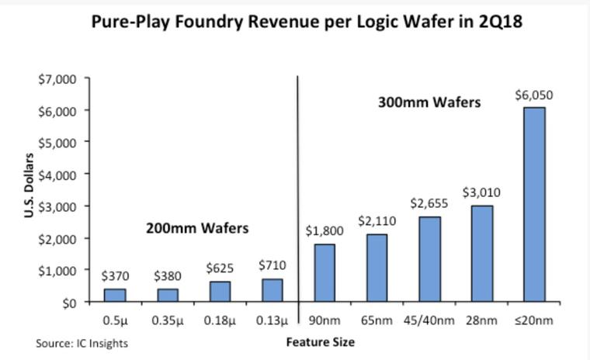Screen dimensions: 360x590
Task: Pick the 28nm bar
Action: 477,254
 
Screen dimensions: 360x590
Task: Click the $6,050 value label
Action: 529,95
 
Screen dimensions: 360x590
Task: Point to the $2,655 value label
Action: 425,204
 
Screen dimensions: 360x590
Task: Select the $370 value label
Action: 114,275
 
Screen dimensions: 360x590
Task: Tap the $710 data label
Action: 270,265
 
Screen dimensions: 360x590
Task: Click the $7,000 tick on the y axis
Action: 59,78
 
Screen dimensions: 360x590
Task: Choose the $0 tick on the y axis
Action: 68,302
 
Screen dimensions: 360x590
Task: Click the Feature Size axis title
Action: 321,341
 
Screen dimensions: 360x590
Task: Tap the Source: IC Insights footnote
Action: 82,342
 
